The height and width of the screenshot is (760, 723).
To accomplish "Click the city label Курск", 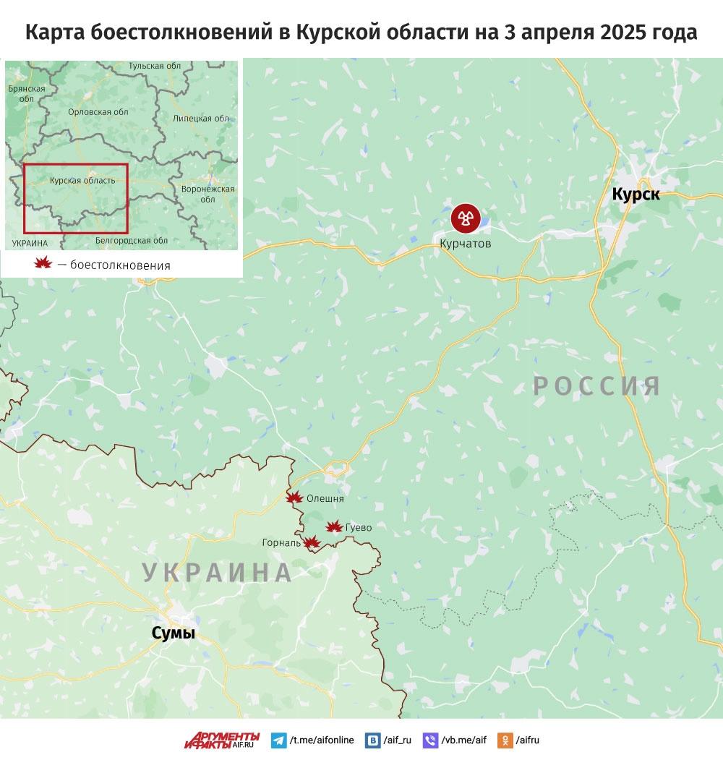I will pos(636,194).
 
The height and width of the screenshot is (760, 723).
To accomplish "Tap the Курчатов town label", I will pos(465,244).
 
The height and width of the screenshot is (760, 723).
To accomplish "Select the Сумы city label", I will pos(174,633).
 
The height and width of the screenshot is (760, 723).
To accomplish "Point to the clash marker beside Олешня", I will pos(294,498).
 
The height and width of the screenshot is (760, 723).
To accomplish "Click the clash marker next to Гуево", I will pos(334,527).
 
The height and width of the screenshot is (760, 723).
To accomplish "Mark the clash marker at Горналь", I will pos(311,542).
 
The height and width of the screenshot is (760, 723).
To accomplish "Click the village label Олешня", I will pos(325,498).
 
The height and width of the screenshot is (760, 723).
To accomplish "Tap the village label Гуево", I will pos(359,528).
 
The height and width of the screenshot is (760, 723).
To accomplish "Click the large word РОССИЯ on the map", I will pos(597,385).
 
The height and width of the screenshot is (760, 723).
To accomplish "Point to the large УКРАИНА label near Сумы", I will pos(218,572).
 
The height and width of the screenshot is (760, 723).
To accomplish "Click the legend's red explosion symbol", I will pos(43,264).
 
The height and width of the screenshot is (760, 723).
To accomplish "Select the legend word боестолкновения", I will pos(120,265).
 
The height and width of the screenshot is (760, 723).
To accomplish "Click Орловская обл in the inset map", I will pos(98,112).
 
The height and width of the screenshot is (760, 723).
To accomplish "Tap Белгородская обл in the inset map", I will pos(132,240).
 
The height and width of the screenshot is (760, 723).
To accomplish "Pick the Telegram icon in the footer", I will pos(278,740).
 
